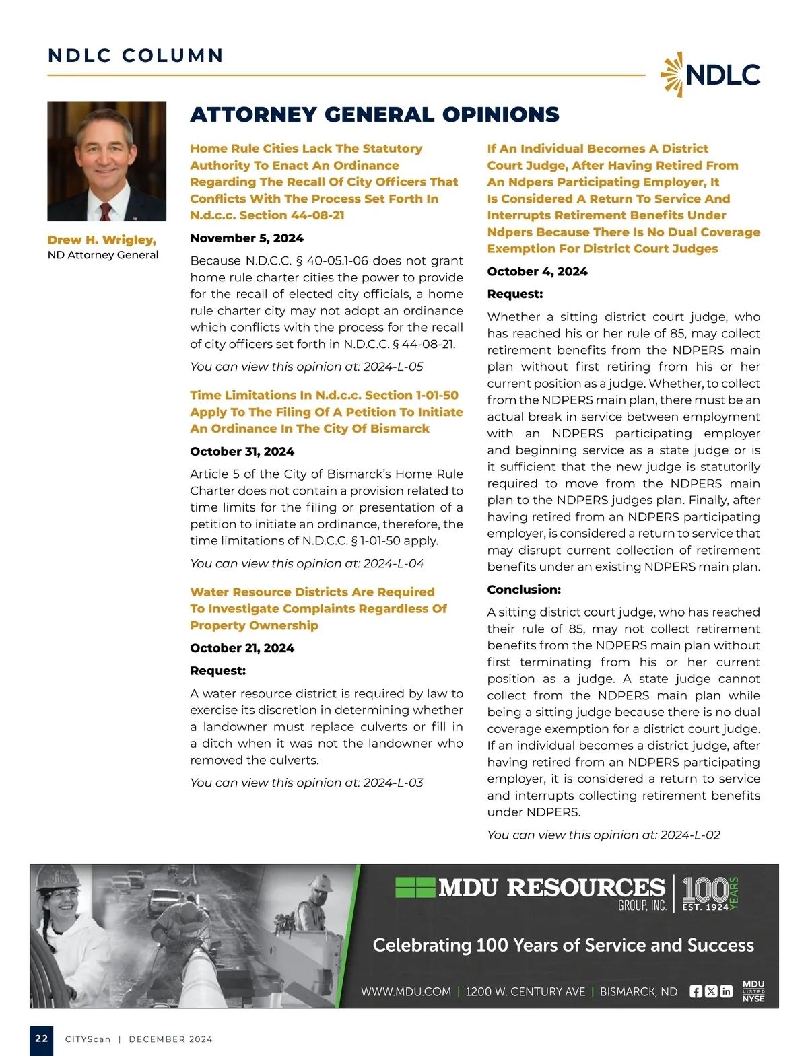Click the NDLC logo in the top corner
click(x=710, y=75)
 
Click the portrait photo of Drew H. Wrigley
click(x=106, y=161)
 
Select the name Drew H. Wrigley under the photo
click(x=102, y=240)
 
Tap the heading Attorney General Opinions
click(x=374, y=115)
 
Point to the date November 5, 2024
click(x=246, y=238)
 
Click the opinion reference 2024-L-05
click(x=393, y=367)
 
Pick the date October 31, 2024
click(x=242, y=452)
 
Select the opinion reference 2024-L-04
click(x=394, y=563)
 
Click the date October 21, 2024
click(x=242, y=648)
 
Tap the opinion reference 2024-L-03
click(x=393, y=783)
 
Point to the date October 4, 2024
click(x=537, y=272)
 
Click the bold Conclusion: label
click(x=523, y=590)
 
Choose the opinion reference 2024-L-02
click(x=690, y=835)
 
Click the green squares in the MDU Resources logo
click(x=415, y=887)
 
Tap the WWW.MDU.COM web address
click(x=405, y=991)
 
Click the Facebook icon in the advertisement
click(x=696, y=991)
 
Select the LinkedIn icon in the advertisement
click(x=726, y=991)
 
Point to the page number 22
click(x=42, y=1039)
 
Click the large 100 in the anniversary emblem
click(x=704, y=889)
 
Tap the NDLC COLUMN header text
click(x=135, y=56)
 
